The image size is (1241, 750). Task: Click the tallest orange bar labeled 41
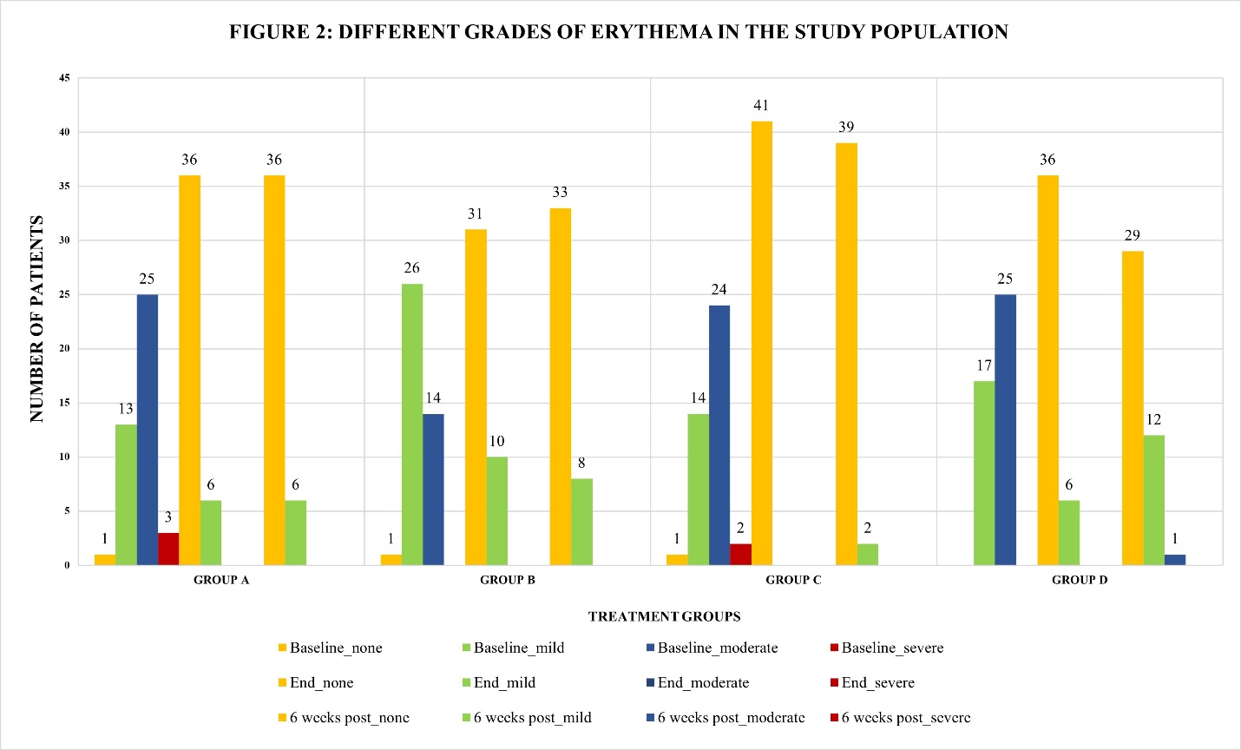[761, 343]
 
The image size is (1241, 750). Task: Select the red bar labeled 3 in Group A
[168, 549]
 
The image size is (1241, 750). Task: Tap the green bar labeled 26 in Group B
[412, 424]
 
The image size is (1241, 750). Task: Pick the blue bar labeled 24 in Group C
[719, 435]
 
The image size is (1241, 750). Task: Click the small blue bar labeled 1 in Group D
[1174, 560]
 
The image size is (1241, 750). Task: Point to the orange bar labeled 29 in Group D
[1132, 408]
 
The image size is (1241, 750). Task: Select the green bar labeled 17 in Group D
[984, 473]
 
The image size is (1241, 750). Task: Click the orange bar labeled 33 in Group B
[560, 386]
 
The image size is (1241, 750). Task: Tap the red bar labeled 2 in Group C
[740, 554]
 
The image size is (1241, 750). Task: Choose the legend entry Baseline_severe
[891, 648]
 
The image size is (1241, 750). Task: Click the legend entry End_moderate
[702, 682]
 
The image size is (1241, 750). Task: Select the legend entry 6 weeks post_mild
[531, 717]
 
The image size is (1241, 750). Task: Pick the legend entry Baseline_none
[335, 648]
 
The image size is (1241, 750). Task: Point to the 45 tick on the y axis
[65, 78]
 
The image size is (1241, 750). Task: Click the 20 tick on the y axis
[65, 349]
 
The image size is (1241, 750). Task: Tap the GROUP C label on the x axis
[793, 580]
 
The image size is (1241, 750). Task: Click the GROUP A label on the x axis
[221, 580]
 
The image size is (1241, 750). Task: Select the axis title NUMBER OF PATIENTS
[36, 319]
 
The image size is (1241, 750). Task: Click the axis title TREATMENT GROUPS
[664, 616]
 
